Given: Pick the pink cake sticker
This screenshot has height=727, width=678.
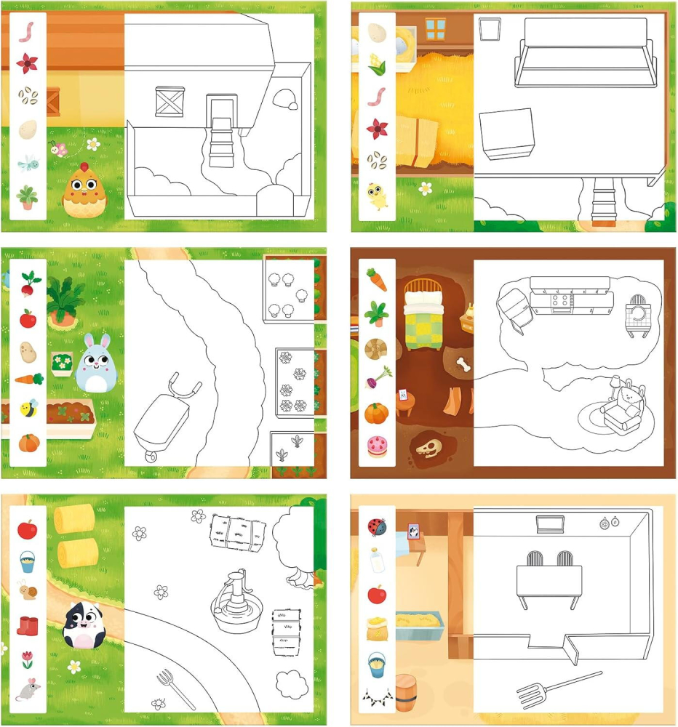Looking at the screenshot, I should pyautogui.click(x=377, y=445).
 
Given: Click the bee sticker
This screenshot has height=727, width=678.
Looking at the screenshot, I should pyautogui.click(x=28, y=409).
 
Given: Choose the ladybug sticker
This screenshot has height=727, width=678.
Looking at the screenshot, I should pyautogui.click(x=377, y=526).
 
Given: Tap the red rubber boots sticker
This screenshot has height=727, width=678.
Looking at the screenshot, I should pyautogui.click(x=28, y=625).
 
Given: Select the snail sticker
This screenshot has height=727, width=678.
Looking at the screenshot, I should pyautogui.click(x=28, y=591).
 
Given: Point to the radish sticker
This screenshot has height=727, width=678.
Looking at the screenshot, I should pyautogui.click(x=28, y=284).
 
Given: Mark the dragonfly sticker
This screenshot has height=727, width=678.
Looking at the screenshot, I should pyautogui.click(x=28, y=161).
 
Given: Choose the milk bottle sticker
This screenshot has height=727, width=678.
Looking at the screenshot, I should pyautogui.click(x=376, y=560).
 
